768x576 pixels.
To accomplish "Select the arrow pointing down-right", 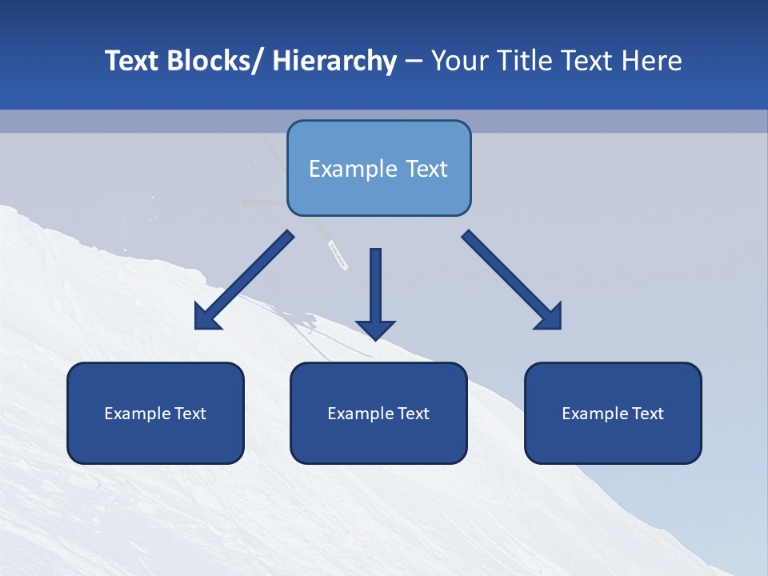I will pyautogui.click(x=512, y=280).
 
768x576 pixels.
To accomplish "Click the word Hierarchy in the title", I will pyautogui.click(x=334, y=61).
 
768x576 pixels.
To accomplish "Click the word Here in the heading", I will pyautogui.click(x=652, y=61).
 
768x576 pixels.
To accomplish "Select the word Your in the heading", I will pyautogui.click(x=458, y=61).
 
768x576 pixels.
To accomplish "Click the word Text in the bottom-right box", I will pyautogui.click(x=645, y=414).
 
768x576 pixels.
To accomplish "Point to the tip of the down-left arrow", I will pyautogui.click(x=197, y=327).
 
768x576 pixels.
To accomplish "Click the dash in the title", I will pyautogui.click(x=414, y=61).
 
